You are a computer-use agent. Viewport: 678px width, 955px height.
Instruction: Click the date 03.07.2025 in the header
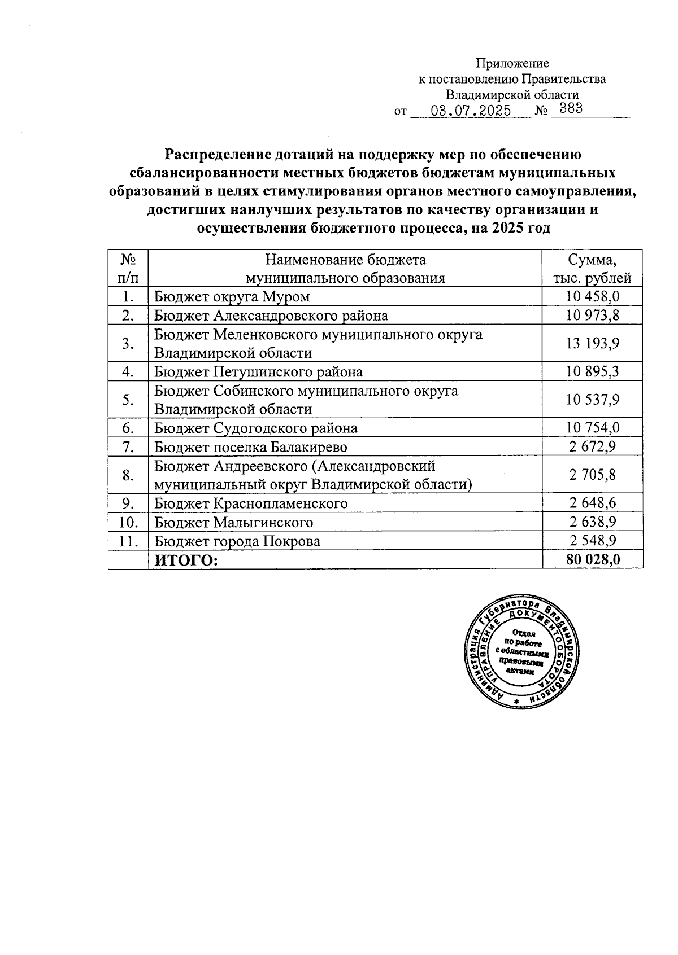tap(470, 110)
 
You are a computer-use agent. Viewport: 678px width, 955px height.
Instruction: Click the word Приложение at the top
tap(512, 63)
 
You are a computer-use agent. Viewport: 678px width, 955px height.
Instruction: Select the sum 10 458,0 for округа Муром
tap(592, 296)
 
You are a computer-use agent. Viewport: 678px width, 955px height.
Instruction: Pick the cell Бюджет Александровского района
tap(271, 315)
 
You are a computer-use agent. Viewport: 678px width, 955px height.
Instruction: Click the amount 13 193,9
tap(592, 343)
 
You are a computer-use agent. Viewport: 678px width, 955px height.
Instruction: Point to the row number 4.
tap(128, 371)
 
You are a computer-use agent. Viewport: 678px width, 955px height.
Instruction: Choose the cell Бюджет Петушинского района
tap(258, 371)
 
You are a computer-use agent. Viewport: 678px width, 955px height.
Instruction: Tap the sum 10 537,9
tap(592, 400)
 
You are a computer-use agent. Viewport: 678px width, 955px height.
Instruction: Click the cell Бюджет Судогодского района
tap(255, 428)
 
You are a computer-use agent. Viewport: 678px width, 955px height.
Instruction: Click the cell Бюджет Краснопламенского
tap(251, 503)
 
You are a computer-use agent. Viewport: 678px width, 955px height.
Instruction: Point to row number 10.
tap(128, 522)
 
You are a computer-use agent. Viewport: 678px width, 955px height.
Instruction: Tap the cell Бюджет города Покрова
tap(237, 541)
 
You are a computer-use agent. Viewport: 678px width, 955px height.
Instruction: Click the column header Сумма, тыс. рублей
tap(592, 269)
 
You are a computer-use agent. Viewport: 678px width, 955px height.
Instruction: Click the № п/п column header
tap(128, 269)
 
